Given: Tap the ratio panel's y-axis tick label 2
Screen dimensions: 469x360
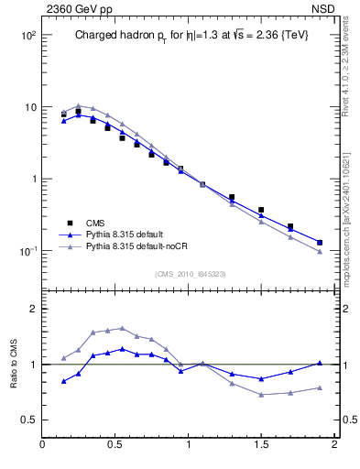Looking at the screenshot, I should pyautogui.click(x=31, y=310).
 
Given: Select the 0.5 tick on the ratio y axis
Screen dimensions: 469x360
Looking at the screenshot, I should pyautogui.click(x=27, y=420).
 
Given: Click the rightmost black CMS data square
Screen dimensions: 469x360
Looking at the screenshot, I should pyautogui.click(x=320, y=243).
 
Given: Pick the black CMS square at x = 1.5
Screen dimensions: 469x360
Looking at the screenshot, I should pyautogui.click(x=261, y=210).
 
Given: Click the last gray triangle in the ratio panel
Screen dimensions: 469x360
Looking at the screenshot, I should pyautogui.click(x=320, y=387).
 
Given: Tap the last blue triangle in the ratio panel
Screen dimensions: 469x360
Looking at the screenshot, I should pyautogui.click(x=320, y=363).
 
